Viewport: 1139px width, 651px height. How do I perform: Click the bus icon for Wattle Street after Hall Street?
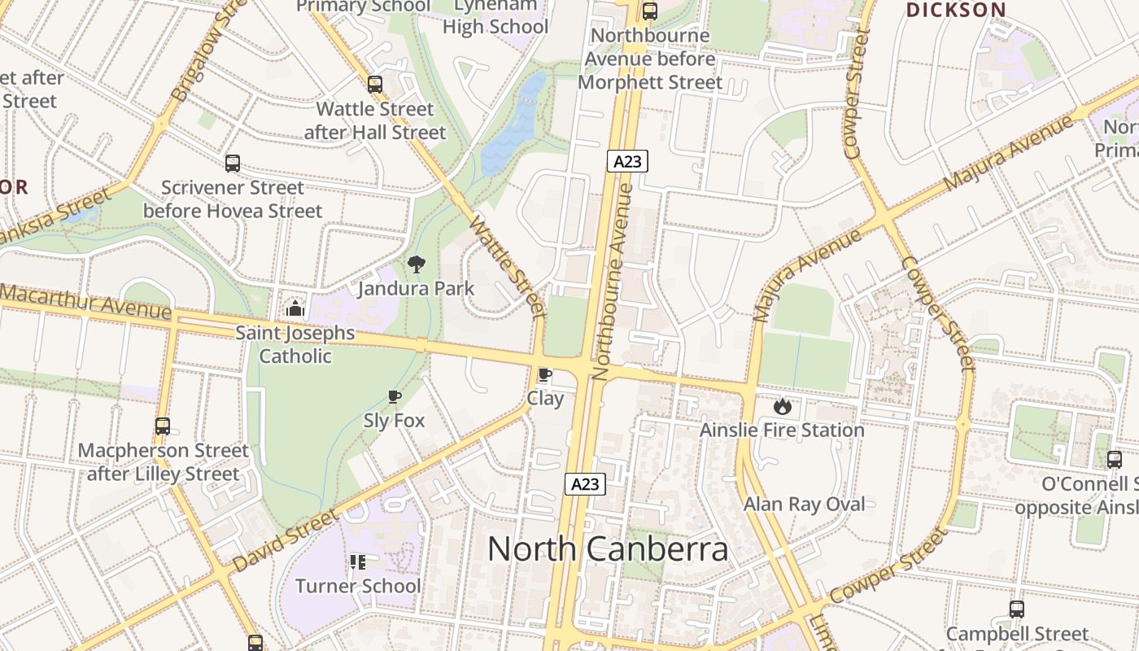coord(374,84)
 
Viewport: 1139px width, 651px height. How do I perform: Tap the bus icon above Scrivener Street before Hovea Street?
coord(233,164)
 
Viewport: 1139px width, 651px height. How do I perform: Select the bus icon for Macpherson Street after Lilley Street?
coord(163,426)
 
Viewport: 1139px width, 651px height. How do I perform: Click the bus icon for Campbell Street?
coord(1016,609)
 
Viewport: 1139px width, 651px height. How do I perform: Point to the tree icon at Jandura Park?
coord(416,264)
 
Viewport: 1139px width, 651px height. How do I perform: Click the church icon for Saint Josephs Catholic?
coord(295,308)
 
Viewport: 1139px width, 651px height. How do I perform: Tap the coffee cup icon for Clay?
coord(544,375)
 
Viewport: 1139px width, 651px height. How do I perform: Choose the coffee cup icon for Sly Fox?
coord(395,397)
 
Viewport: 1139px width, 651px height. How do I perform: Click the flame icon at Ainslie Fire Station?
coord(782,405)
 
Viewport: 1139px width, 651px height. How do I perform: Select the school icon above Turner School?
coord(357,561)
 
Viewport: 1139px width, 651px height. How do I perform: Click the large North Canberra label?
coord(608,549)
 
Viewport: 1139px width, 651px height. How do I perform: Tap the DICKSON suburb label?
coord(956,11)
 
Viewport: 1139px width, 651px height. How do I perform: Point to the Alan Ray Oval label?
coord(804,505)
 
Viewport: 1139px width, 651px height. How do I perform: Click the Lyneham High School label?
coord(495,16)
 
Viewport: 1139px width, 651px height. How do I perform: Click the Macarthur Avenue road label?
coord(85,302)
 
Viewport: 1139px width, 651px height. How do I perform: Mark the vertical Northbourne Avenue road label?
coord(613,282)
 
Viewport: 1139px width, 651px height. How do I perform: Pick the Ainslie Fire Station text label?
coord(782,430)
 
